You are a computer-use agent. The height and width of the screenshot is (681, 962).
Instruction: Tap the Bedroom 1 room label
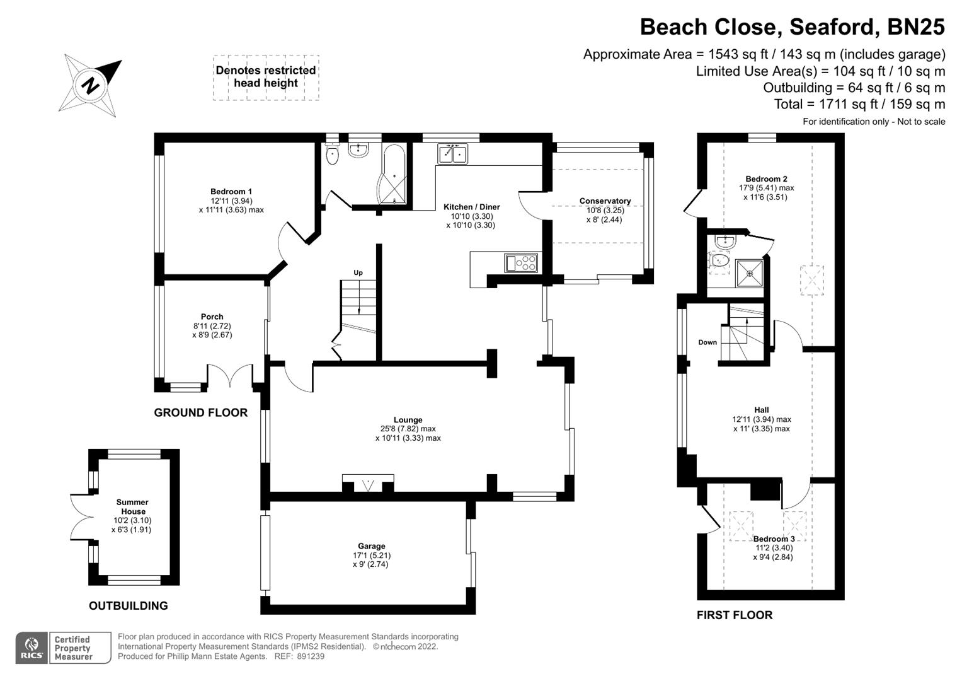click(231, 192)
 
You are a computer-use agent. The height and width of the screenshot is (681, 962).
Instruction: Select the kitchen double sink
click(452, 154)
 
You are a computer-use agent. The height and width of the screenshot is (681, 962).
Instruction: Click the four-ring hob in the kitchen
click(521, 262)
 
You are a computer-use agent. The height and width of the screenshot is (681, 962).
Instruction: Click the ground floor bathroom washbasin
click(358, 150)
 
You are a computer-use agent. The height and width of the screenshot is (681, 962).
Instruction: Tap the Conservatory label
click(605, 201)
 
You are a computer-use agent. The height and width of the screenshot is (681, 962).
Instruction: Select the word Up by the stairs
click(358, 273)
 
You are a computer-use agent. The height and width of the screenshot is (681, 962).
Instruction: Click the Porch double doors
click(230, 376)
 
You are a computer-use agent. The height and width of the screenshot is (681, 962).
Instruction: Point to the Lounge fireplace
click(368, 484)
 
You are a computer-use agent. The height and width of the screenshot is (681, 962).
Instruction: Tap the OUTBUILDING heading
click(128, 606)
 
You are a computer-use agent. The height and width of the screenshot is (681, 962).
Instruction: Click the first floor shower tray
click(749, 273)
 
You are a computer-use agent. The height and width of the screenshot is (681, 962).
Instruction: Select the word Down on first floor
click(707, 342)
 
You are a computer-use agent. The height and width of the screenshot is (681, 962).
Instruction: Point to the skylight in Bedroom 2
click(811, 281)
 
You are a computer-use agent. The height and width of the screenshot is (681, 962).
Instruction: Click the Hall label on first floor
click(762, 410)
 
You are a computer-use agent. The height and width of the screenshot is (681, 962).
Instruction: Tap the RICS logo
click(31, 648)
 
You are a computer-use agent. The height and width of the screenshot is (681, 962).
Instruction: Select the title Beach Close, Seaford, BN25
click(792, 27)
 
